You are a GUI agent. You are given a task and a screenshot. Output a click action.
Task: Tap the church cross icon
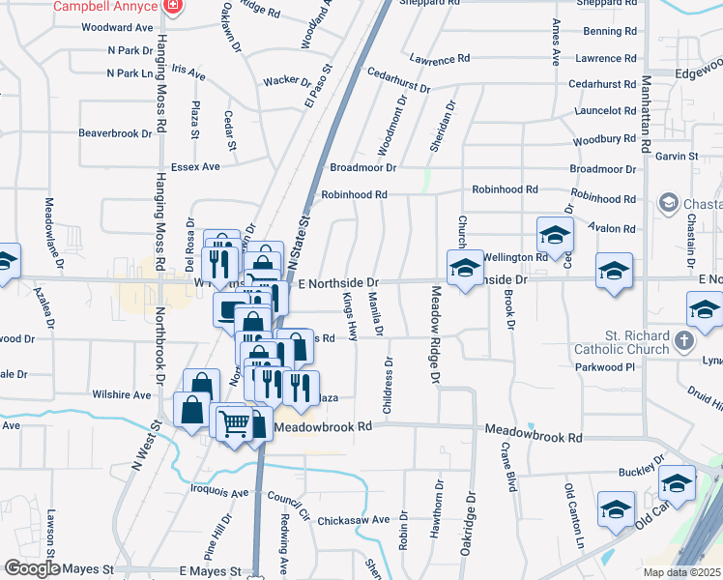pyautogui.click(x=684, y=340)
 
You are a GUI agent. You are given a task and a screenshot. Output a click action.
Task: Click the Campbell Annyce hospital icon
pyautogui.click(x=172, y=6)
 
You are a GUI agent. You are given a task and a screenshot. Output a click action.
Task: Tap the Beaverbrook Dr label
pyautogui.click(x=115, y=132)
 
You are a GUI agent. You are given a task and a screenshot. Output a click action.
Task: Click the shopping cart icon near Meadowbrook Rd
pyautogui.click(x=233, y=422)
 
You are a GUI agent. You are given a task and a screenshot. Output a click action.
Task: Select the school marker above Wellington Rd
pyautogui.click(x=555, y=235)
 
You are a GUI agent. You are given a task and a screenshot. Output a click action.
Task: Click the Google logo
pyautogui.click(x=32, y=568)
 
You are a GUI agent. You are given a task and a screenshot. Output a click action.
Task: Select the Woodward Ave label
pyautogui.click(x=118, y=28)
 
